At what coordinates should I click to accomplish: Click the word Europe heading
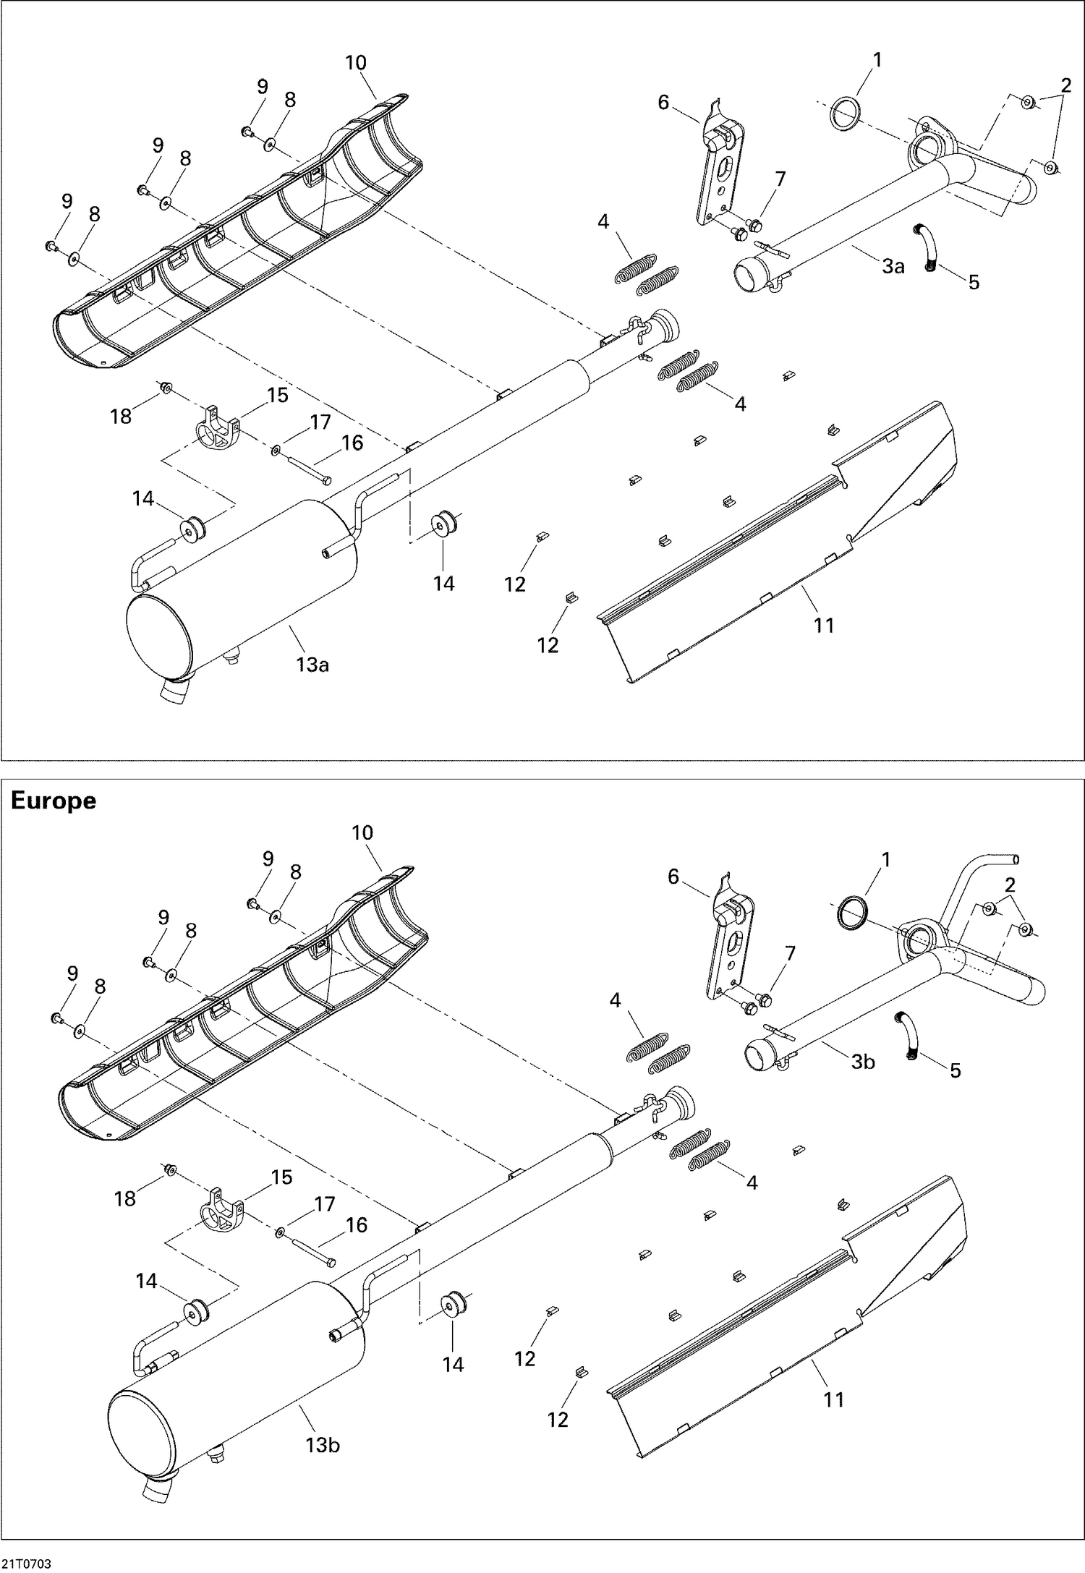point(53,801)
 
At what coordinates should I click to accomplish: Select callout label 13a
point(312,664)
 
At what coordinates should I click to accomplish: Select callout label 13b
point(322,1445)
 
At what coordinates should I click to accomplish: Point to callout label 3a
point(893,266)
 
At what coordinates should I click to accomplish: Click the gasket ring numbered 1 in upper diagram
point(845,115)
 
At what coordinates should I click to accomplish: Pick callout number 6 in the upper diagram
point(663,103)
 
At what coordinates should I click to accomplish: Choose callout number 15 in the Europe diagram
point(281,1177)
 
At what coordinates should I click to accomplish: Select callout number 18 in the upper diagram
point(120,417)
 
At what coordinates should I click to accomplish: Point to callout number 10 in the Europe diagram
point(362,833)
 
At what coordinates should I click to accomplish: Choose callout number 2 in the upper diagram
point(1065,85)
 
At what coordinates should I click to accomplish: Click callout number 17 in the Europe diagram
point(325,1204)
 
